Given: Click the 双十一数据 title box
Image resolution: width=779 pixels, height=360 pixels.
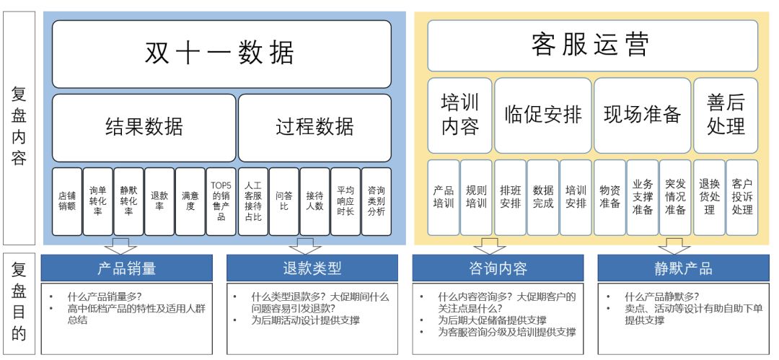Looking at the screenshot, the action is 221,54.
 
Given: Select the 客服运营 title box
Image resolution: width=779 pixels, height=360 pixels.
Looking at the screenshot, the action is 592,45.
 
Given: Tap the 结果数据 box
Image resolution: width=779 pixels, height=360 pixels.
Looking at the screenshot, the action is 144,128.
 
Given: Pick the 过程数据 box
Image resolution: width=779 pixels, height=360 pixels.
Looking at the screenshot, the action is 315,128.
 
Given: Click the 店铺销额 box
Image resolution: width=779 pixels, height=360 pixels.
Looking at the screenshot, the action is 67,201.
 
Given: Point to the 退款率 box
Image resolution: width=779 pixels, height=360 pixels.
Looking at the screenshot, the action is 159,201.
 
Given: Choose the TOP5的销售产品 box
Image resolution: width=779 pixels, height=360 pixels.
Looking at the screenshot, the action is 221,201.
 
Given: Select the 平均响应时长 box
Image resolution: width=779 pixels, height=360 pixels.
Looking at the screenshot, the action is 346,201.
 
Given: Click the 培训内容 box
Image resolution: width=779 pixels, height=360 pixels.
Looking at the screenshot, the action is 459,115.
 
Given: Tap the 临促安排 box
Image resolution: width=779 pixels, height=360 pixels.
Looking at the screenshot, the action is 543,115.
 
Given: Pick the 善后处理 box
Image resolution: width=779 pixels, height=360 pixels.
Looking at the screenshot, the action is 726,115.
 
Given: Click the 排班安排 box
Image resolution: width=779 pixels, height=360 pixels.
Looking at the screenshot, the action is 510,198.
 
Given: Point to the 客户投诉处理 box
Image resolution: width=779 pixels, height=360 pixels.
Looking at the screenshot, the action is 742,198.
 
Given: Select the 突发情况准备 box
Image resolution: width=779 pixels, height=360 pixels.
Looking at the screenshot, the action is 675,198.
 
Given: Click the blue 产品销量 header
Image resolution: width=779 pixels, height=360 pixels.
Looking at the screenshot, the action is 127,268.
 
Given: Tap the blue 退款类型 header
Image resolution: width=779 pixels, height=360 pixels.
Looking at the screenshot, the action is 312,268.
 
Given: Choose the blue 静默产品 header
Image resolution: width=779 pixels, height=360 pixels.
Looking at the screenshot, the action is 683,268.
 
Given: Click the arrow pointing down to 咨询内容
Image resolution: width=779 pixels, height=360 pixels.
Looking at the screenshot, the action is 489,246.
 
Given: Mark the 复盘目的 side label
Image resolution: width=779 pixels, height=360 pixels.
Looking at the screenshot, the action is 19,303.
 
